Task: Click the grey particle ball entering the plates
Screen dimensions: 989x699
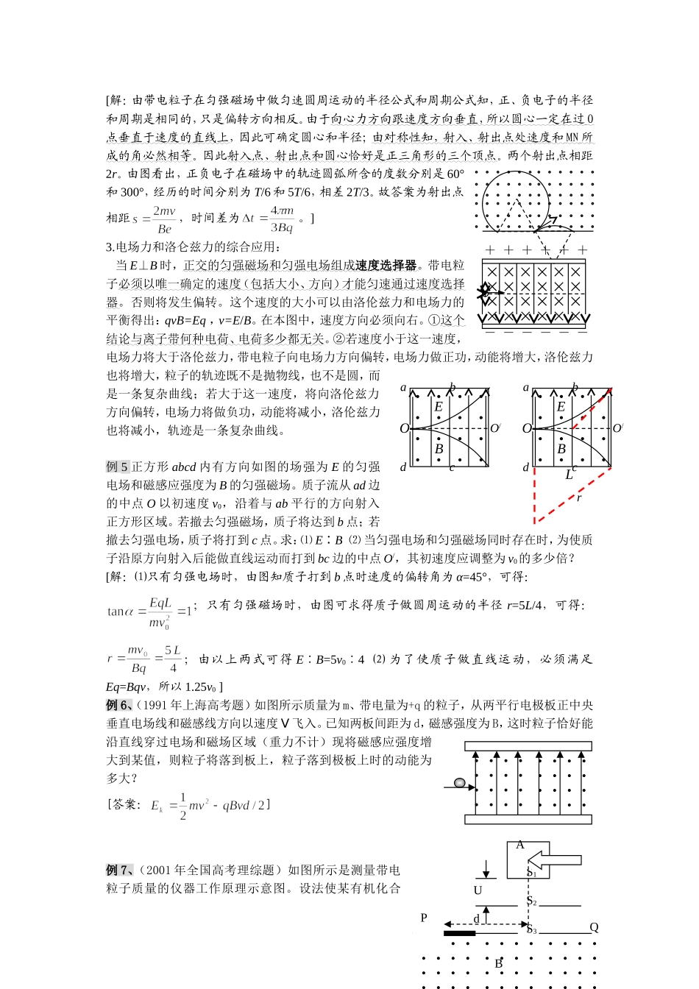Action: (460, 782)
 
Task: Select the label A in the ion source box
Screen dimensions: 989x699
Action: (520, 845)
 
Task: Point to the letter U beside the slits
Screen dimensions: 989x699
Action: (478, 890)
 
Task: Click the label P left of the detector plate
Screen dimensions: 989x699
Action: (424, 918)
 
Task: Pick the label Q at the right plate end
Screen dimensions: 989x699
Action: (595, 927)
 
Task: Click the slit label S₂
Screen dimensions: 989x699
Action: (531, 901)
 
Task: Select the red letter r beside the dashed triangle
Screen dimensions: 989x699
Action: (579, 498)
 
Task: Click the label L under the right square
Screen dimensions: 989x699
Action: (569, 475)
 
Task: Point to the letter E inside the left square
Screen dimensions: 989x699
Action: (439, 406)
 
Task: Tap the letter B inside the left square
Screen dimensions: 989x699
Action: (439, 448)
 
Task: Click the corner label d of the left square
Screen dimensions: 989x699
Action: (403, 467)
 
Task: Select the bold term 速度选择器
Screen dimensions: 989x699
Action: (386, 266)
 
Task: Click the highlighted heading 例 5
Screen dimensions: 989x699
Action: (117, 467)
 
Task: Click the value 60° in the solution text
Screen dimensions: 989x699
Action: (455, 174)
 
